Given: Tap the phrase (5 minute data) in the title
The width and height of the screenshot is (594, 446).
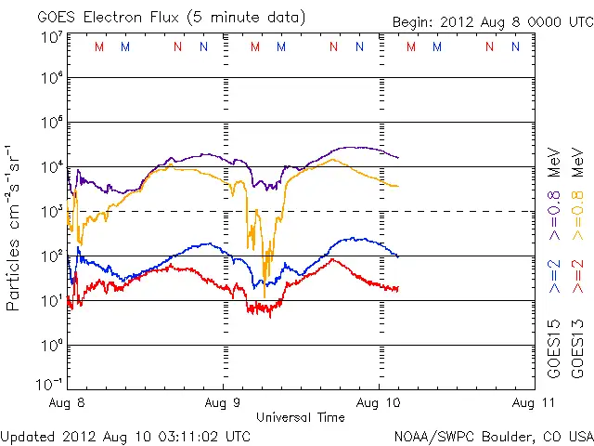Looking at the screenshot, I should [250, 17].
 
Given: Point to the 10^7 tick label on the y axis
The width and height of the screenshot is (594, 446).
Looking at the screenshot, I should [51, 36].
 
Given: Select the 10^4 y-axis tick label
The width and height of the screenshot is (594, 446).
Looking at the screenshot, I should [51, 166].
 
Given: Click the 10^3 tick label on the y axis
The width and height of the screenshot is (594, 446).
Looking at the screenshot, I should [51, 211].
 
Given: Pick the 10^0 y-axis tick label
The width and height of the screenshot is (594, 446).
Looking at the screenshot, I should [51, 345].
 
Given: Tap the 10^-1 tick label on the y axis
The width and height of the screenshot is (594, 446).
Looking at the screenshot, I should [51, 383].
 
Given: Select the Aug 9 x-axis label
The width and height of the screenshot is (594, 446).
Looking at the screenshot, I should [224, 403].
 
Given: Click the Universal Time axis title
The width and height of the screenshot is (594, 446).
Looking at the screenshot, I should [300, 417].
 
